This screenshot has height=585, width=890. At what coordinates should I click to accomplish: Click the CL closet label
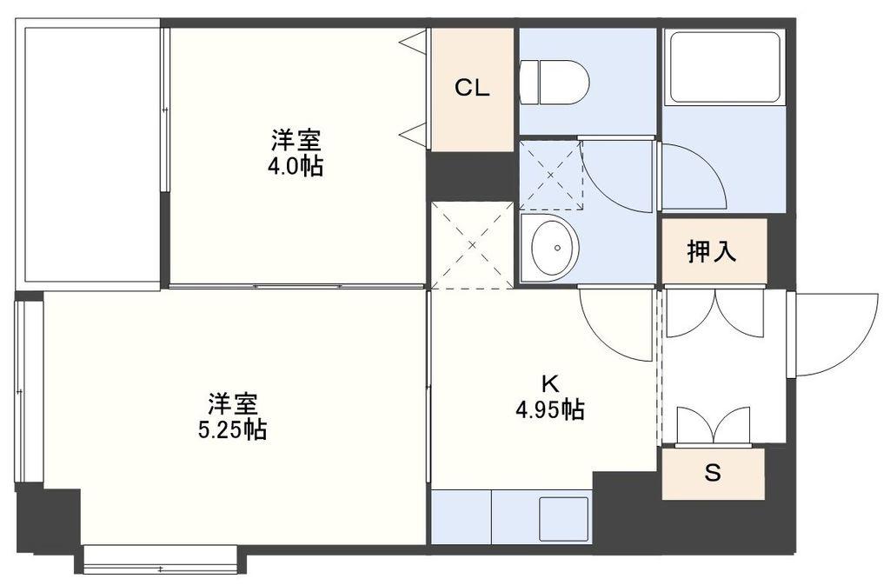[472, 88]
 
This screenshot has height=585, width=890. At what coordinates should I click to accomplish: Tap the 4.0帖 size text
[296, 166]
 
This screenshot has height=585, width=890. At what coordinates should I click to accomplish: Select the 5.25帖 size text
[233, 430]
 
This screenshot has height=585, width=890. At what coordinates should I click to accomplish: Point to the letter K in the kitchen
[549, 384]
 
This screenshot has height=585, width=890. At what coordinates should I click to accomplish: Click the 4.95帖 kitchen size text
[550, 409]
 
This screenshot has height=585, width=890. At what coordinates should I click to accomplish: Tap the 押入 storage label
[712, 251]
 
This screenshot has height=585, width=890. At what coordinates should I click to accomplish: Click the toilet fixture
[555, 83]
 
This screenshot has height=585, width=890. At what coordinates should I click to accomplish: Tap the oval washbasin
[554, 248]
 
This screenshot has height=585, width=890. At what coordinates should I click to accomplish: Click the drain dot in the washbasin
[558, 248]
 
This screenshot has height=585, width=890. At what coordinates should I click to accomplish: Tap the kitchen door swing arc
[600, 342]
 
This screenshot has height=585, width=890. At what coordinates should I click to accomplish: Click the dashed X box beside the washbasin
[472, 245]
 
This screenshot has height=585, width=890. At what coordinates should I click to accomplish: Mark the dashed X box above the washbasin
[551, 176]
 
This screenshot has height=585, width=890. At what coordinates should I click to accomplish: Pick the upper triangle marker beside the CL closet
[413, 42]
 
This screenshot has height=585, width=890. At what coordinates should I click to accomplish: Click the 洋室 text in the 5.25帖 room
[233, 404]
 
